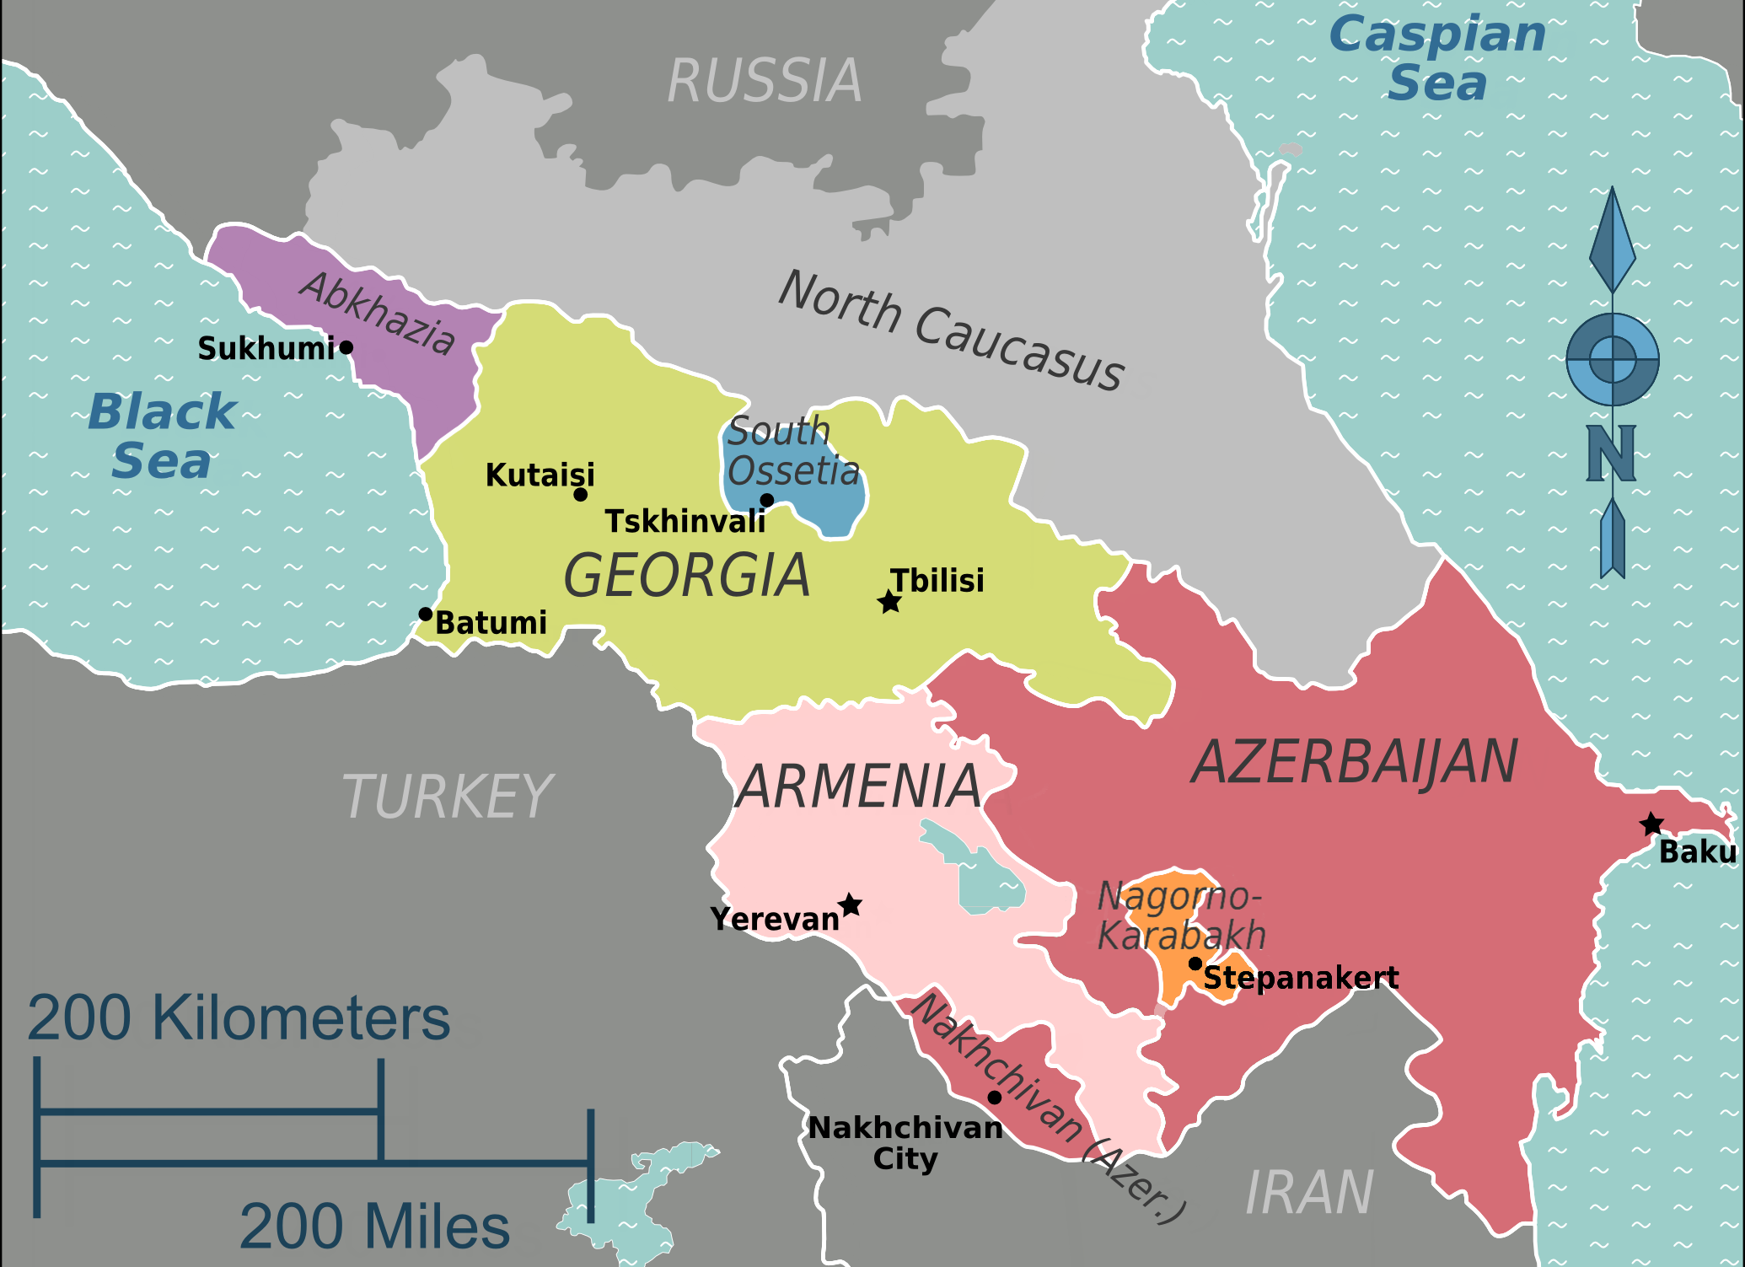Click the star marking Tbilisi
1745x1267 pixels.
889,602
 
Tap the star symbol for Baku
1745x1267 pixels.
1652,824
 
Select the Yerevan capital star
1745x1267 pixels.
851,905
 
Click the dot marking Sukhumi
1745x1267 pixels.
346,347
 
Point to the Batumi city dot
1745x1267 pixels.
426,614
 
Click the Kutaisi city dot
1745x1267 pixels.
580,495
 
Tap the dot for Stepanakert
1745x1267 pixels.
1195,964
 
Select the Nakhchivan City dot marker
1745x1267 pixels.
995,1098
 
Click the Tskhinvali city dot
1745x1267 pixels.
767,500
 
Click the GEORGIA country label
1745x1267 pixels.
686,576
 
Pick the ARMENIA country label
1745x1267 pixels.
858,787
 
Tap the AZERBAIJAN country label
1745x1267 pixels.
1354,762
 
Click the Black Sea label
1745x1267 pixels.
162,436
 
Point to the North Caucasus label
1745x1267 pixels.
951,330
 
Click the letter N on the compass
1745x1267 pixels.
1611,454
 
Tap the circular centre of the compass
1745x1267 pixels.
1613,359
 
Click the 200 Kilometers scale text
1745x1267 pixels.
239,1018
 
